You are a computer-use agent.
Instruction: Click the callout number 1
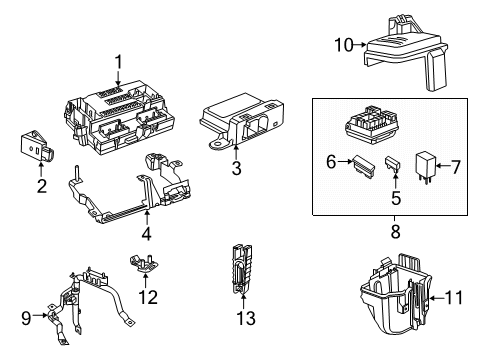pyautogui.click(x=118, y=62)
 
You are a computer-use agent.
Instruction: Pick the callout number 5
pyautogui.click(x=395, y=199)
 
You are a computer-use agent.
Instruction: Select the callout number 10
pyautogui.click(x=343, y=43)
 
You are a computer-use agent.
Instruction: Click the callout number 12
pyautogui.click(x=149, y=296)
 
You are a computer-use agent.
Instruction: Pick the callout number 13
pyautogui.click(x=242, y=318)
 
